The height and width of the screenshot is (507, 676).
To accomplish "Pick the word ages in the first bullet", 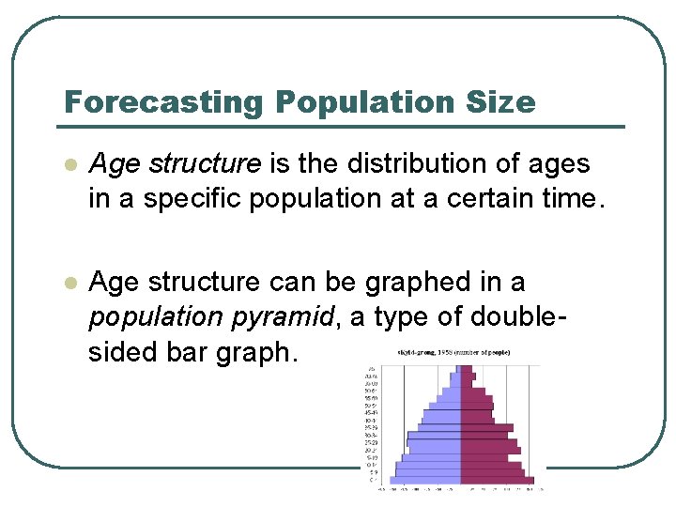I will click(560, 163).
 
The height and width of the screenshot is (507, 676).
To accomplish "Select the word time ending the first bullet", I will click(565, 199).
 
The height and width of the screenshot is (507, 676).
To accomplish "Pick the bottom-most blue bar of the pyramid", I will click(426, 479).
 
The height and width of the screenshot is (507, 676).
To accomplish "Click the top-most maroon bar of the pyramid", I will click(466, 369).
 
